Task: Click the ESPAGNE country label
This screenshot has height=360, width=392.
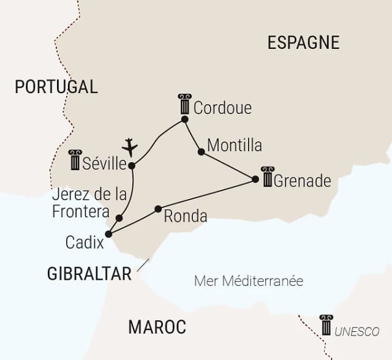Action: click(x=303, y=42)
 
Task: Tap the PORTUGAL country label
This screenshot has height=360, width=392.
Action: click(x=56, y=86)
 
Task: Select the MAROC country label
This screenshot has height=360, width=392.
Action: click(x=157, y=327)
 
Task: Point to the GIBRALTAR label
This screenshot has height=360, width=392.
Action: click(x=89, y=274)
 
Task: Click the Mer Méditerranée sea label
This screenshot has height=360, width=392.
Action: click(x=249, y=281)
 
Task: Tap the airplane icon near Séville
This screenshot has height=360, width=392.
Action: click(x=130, y=148)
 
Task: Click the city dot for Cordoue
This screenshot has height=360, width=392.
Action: click(x=184, y=119)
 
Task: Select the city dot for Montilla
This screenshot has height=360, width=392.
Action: click(x=201, y=151)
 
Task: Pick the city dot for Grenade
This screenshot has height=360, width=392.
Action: click(x=255, y=179)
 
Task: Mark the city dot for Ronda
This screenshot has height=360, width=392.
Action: click(x=158, y=209)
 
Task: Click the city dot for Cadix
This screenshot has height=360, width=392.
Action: click(x=108, y=234)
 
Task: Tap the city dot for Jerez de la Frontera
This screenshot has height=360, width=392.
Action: click(x=119, y=218)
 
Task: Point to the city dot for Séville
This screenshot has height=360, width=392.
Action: click(x=132, y=165)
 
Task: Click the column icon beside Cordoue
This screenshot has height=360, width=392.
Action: click(x=184, y=104)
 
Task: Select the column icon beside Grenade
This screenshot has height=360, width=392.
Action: click(x=267, y=176)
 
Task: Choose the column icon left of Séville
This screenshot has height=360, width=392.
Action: click(x=75, y=160)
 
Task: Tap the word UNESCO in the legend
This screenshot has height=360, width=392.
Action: click(x=357, y=331)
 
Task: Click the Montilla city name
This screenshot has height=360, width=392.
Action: click(x=235, y=146)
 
